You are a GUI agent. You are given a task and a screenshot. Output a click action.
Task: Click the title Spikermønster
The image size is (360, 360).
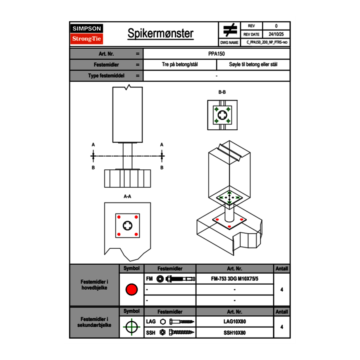(160, 34)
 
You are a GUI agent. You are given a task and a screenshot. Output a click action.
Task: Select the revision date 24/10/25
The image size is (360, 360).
(276, 34)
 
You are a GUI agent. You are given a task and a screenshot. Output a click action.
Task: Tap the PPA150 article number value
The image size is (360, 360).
(216, 54)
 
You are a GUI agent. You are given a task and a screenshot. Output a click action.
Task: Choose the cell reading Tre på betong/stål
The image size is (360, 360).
(180, 65)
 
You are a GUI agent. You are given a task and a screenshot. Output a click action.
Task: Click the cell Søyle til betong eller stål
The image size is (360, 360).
(253, 65)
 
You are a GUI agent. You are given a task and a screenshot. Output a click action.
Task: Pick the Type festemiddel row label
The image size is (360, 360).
(106, 76)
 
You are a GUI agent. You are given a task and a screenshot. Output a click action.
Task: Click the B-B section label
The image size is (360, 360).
(222, 92)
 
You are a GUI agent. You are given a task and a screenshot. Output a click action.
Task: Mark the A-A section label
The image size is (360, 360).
(128, 196)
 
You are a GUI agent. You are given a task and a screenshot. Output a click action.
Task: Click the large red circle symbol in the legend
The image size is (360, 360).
(131, 290)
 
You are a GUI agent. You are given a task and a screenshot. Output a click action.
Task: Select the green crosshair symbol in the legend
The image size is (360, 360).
(131, 327)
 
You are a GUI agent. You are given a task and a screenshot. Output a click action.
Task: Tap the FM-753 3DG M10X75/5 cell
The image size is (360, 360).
(235, 279)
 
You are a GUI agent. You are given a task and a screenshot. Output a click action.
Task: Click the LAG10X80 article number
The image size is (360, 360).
(235, 322)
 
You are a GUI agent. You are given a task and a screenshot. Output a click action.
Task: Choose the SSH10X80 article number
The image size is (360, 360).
(235, 333)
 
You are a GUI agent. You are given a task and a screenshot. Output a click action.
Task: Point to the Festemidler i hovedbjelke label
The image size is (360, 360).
(94, 285)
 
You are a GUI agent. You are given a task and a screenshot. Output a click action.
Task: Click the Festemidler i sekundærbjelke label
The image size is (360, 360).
(94, 322)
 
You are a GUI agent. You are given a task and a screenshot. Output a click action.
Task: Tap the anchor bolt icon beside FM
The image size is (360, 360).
(177, 279)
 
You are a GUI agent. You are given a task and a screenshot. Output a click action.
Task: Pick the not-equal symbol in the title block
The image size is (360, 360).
(230, 30)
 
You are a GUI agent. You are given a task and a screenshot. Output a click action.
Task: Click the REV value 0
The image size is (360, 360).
(276, 26)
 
